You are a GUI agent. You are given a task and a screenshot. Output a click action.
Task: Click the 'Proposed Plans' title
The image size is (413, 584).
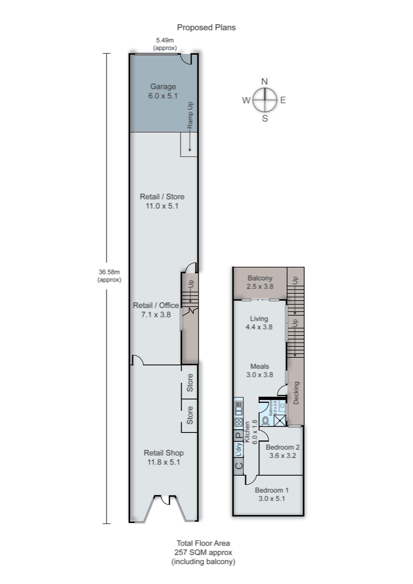coord(206,27)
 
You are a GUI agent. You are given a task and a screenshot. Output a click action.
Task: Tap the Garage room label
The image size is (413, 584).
coord(163,87)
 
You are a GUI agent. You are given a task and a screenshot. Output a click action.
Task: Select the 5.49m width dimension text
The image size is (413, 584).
coord(165,40)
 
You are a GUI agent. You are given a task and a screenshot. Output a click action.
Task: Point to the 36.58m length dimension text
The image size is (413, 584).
coord(109,272)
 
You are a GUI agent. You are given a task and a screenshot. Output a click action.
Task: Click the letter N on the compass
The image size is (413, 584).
coord(265,81)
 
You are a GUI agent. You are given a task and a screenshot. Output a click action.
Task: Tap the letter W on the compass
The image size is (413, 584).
coord(246,100)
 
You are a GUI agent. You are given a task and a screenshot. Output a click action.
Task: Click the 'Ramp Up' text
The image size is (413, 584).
coord(190,115)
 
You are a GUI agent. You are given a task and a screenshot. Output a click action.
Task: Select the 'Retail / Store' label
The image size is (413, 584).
coord(162,197)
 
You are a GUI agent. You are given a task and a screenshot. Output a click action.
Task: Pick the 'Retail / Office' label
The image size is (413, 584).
coord(156,306)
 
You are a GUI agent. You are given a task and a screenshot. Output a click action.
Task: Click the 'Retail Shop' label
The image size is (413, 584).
coord(163,453)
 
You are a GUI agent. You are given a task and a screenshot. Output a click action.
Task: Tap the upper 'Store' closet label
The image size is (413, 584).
coord(190,383)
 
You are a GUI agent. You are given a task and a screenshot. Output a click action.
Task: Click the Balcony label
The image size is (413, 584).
coord(260,278)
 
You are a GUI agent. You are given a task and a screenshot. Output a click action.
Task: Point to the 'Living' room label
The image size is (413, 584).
coord(259,319)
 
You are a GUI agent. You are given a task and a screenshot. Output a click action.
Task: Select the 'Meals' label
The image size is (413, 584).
coord(259,366)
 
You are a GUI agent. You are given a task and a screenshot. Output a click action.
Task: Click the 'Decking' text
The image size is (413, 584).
coord(296,393)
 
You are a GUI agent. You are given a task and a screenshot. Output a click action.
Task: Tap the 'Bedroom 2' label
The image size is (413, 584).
coord(282,447)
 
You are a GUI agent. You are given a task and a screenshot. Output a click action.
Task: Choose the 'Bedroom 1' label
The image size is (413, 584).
coord(271,490)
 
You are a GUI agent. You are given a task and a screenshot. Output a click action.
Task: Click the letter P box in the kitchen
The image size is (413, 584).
coord(238,435)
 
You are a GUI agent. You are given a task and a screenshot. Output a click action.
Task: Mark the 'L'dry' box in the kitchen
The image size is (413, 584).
coord(239,450)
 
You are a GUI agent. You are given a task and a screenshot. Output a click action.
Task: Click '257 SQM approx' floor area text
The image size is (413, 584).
coord(203,552)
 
